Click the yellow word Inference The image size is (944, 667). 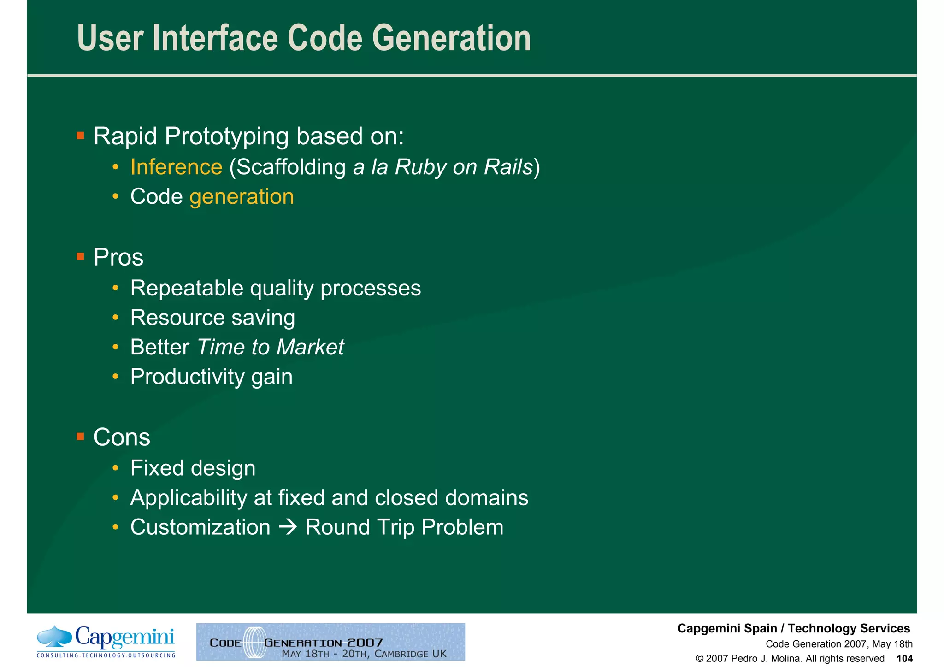coord(176,167)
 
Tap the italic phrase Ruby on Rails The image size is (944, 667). coord(463,167)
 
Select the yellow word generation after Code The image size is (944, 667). coord(242,197)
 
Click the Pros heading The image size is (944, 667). coord(118,257)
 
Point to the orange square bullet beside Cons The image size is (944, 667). coord(80,437)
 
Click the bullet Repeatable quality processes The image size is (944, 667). coord(275,288)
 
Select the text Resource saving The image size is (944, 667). coord(212,318)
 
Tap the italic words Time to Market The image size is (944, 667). coord(270,347)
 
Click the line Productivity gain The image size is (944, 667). coord(211,377)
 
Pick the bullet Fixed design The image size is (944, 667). coord(193,468)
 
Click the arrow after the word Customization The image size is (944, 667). coord(288,527)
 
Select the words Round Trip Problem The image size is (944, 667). coord(404,527)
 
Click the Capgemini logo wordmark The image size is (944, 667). coord(124,638)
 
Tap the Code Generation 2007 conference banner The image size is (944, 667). coord(330,642)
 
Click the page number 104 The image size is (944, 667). coord(904,659)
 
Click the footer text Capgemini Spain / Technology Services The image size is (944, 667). coord(793,628)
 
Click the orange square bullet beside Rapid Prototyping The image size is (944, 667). coord(80,136)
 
